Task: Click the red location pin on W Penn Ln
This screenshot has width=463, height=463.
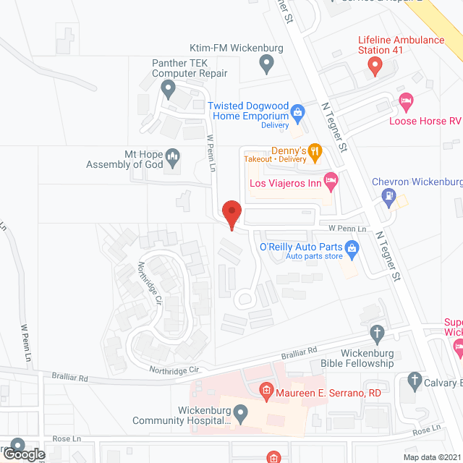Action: pyautogui.click(x=231, y=214)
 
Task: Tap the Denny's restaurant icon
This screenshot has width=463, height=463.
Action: pyautogui.click(x=315, y=151)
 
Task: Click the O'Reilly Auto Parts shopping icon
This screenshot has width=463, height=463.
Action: pyautogui.click(x=352, y=250)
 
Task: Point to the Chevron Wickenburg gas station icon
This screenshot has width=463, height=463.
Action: pyautogui.click(x=390, y=195)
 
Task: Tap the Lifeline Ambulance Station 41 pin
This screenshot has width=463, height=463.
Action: pyautogui.click(x=375, y=67)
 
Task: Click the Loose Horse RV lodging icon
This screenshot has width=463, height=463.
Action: pyautogui.click(x=406, y=102)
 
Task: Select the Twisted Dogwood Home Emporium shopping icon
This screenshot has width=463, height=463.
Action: pyautogui.click(x=297, y=111)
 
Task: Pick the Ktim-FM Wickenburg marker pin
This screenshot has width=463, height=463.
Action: pyautogui.click(x=267, y=65)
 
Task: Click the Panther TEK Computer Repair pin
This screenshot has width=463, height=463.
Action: pyautogui.click(x=169, y=90)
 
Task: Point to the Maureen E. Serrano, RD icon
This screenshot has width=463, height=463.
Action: pyautogui.click(x=266, y=393)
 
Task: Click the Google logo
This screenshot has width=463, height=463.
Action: pyautogui.click(x=23, y=454)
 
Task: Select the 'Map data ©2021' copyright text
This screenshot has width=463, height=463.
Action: pyautogui.click(x=432, y=456)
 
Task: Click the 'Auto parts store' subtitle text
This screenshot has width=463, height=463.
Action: pyautogui.click(x=313, y=256)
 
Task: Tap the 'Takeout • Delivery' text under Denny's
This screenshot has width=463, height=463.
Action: pyautogui.click(x=274, y=158)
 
